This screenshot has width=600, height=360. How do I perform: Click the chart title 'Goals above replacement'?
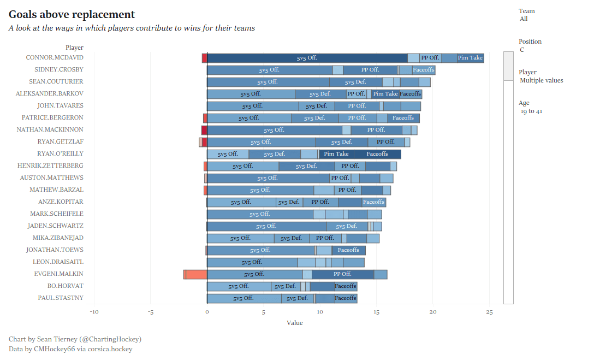72,15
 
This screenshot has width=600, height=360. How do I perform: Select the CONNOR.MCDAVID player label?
55,57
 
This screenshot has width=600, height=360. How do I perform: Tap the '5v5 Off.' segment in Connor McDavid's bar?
307,58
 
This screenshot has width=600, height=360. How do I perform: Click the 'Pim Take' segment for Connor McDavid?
470,58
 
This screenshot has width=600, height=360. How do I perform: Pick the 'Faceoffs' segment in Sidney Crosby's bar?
424,70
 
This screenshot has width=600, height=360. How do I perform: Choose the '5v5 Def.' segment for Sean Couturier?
355,82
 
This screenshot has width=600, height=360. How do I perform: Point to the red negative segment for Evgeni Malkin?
196,274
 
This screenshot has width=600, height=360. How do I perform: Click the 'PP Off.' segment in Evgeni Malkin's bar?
343,274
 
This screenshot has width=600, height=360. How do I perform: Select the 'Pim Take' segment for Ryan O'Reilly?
336,154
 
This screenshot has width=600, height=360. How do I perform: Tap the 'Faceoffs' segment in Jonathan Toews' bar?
348,250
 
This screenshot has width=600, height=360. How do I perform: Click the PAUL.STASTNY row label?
61,298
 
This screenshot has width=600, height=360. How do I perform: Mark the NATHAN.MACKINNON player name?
50,129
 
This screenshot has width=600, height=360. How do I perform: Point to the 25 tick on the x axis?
489,312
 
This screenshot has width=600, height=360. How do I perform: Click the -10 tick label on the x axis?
94,312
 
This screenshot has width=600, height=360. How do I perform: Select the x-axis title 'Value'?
294,323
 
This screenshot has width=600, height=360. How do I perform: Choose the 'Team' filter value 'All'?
524,19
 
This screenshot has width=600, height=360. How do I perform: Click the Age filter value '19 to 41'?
531,111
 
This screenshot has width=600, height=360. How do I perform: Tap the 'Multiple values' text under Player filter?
541,81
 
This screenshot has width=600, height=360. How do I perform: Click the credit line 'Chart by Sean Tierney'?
75,339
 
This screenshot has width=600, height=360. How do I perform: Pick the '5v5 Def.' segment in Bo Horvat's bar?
286,286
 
